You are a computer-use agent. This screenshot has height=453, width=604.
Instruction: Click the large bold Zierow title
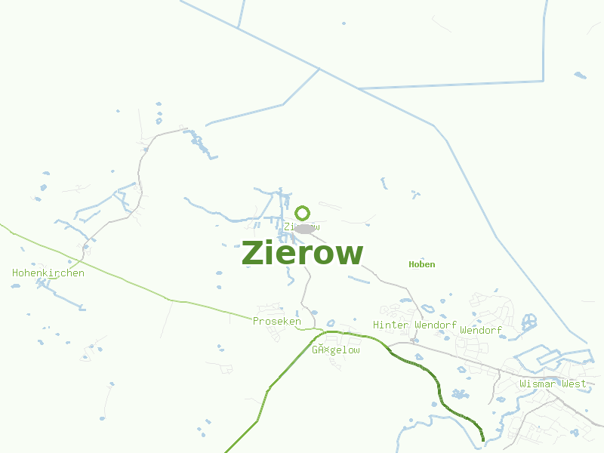click(x=302, y=254)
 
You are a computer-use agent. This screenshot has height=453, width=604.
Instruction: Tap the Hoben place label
click(x=421, y=264)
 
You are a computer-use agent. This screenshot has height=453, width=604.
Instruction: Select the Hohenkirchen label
click(x=48, y=273)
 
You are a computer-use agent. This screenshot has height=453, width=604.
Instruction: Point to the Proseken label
click(x=276, y=321)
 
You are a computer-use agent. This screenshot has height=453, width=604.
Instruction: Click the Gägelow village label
click(x=336, y=350)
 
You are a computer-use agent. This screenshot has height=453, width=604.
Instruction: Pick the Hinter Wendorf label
click(x=414, y=325)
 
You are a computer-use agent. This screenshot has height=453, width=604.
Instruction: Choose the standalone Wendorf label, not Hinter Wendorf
click(x=481, y=330)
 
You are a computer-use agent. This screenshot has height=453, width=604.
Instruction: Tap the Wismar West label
click(x=553, y=384)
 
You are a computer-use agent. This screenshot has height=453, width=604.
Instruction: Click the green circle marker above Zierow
click(x=303, y=213)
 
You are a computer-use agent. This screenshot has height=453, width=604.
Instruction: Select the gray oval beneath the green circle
click(x=304, y=228)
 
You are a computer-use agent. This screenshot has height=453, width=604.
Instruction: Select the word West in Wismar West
click(x=574, y=384)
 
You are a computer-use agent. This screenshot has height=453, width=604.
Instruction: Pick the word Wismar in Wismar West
click(x=537, y=384)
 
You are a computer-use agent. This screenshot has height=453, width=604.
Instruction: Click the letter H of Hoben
click(x=411, y=264)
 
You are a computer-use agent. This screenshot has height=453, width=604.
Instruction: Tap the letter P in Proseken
click(x=256, y=321)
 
